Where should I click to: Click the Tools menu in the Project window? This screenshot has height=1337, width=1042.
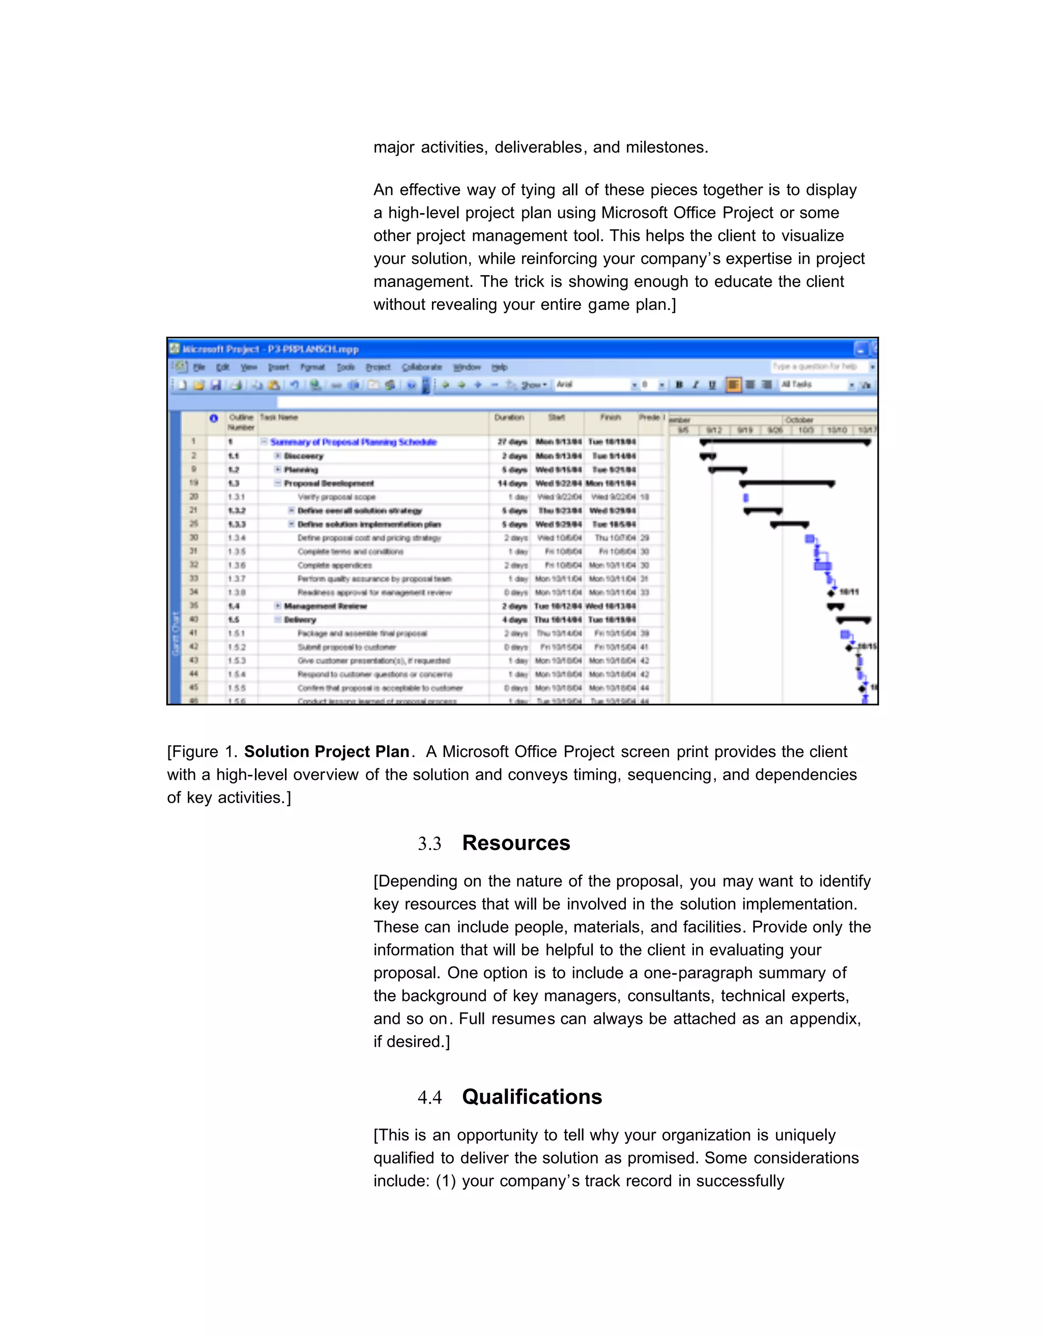345,367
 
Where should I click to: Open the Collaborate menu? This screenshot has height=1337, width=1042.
421,367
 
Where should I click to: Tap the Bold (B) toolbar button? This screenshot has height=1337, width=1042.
678,385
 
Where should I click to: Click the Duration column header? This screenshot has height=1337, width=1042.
509,418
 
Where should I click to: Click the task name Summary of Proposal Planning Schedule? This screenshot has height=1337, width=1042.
353,442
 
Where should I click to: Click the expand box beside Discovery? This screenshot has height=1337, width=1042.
277,456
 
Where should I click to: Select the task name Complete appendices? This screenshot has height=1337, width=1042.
334,566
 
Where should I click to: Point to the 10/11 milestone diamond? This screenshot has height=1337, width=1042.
831,593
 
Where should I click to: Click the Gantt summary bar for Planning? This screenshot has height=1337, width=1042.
728,470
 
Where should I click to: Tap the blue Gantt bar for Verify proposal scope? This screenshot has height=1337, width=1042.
746,498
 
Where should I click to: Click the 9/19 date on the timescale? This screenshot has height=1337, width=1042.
744,430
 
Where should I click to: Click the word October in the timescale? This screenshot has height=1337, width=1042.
799,420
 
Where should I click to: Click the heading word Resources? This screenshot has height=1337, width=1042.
515,843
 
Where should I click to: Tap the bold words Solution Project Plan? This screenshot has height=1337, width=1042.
326,752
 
